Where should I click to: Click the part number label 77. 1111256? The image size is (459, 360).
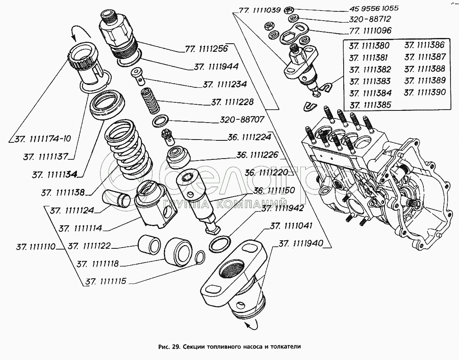coord(206,49)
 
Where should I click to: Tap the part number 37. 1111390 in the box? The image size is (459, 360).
coord(425,92)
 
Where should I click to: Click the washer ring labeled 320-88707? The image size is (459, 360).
coord(160,121)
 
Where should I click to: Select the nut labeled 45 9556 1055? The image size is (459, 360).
coord(289,10)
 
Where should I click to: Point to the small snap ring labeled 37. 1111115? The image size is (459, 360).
coord(200,258)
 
